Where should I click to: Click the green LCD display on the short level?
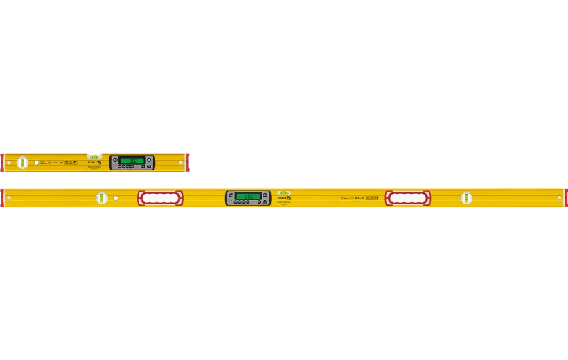tap(132, 161)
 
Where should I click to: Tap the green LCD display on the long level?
tap(248, 196)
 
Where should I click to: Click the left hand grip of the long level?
tap(160, 198)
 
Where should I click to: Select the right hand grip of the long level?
tap(408, 198)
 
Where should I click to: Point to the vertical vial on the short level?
tap(22, 162)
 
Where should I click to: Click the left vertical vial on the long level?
tap(102, 198)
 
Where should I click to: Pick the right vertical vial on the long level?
tap(466, 198)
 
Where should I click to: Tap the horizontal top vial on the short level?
tap(94, 156)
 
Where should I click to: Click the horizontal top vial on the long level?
tap(284, 192)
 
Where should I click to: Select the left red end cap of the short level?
tap(2, 162)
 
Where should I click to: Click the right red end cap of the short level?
tap(187, 162)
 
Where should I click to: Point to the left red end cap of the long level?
tap(2, 198)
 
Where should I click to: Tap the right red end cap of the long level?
tap(565, 198)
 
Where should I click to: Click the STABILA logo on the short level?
tap(94, 162)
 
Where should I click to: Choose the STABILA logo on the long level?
tap(284, 198)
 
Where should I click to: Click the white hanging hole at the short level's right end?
tap(180, 163)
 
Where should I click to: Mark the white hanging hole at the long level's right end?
tap(559, 198)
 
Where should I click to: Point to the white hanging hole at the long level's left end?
tap(8, 198)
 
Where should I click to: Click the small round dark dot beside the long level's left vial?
tap(116, 198)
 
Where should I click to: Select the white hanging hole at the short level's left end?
tap(8, 163)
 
